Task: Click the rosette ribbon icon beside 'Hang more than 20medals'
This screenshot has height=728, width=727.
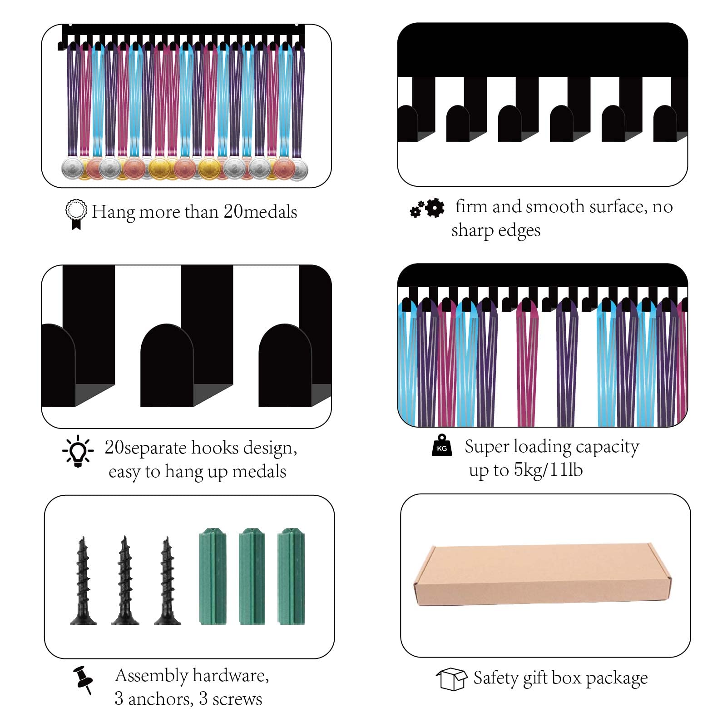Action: click(76, 214)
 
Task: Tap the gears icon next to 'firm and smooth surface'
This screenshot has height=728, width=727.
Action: click(427, 208)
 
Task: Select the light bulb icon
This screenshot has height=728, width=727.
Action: click(78, 451)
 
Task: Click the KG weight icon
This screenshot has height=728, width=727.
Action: click(442, 445)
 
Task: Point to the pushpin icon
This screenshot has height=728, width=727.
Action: click(83, 680)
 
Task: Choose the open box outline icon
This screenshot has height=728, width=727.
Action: click(451, 679)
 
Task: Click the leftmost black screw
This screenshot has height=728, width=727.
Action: click(83, 580)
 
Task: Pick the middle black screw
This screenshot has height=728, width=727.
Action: click(125, 580)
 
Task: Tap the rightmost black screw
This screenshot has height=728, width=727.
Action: click(167, 580)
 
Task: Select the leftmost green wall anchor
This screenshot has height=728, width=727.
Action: click(213, 576)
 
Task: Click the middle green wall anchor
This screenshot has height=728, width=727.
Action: click(252, 576)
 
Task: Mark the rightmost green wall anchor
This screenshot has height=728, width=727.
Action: click(291, 576)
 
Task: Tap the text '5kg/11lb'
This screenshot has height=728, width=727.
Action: click(548, 470)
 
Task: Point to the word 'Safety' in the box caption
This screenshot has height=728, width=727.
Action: click(496, 678)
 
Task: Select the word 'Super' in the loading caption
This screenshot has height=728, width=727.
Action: click(487, 447)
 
